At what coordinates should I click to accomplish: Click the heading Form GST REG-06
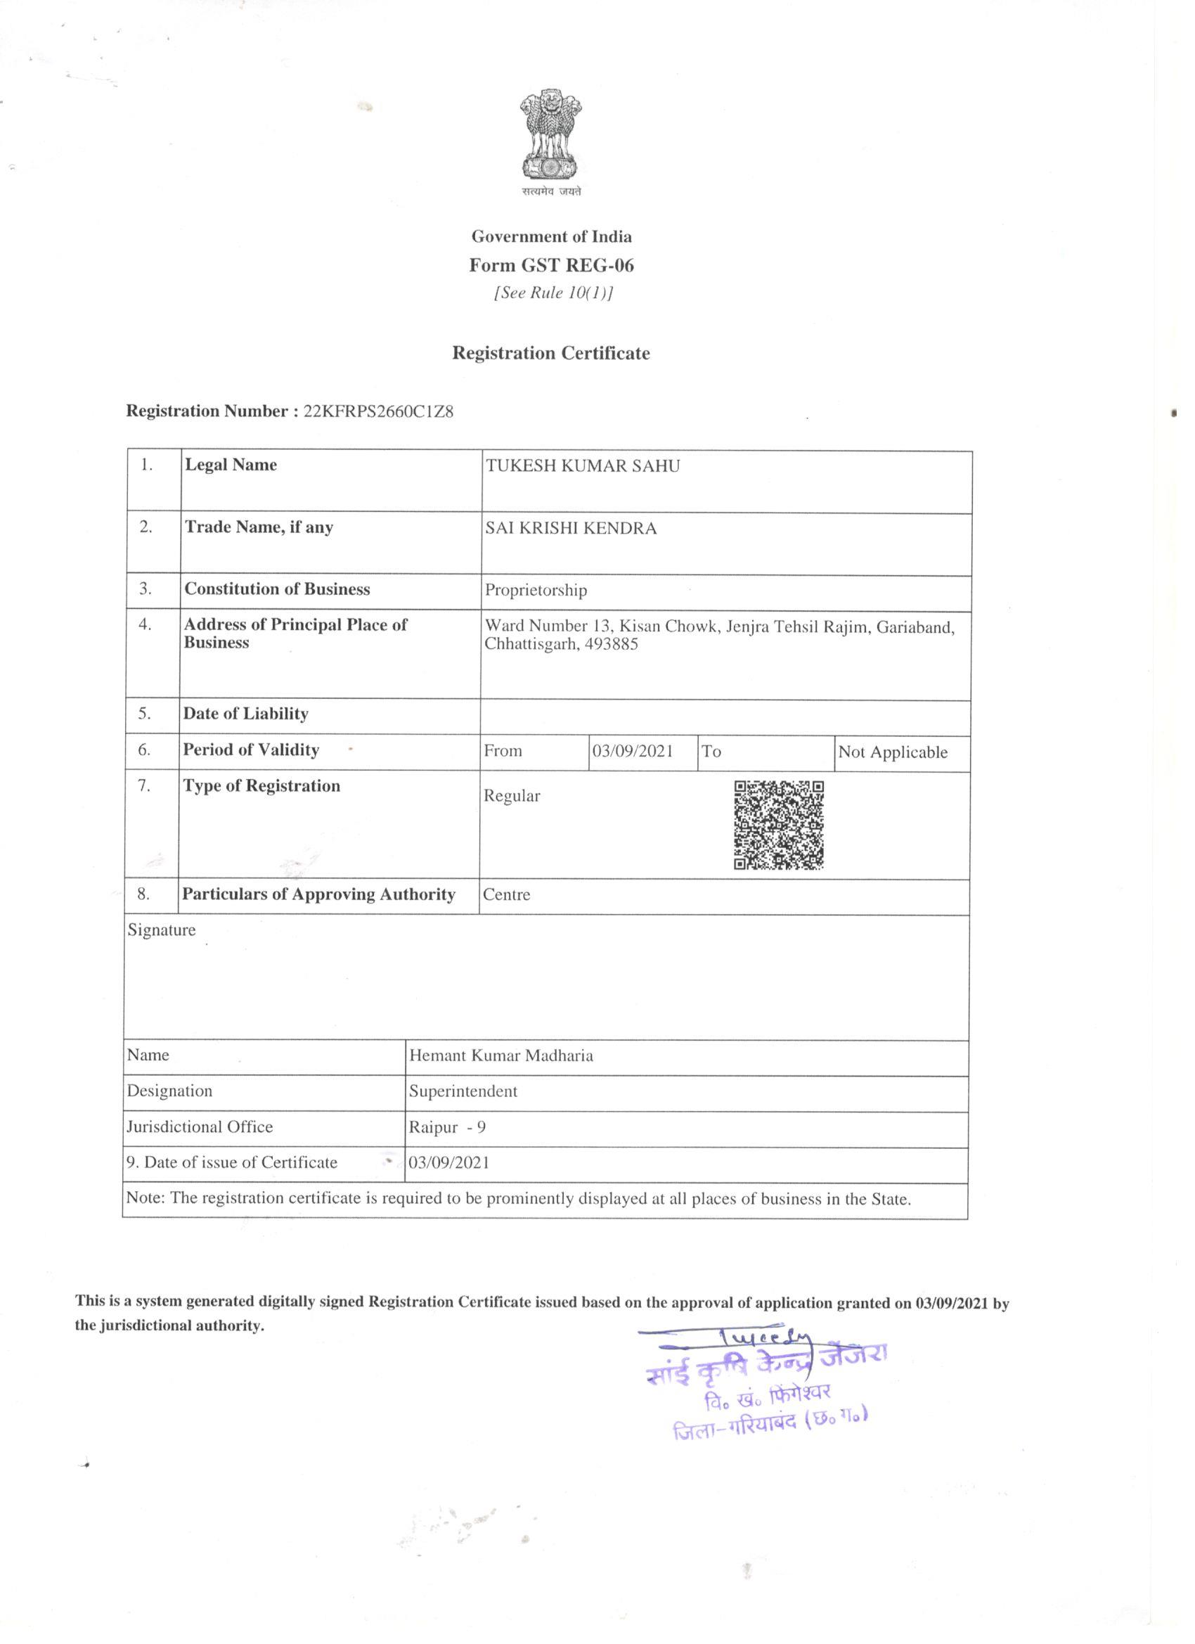(x=551, y=265)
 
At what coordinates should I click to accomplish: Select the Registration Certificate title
(x=551, y=353)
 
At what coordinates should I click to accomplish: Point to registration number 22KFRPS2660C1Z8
(x=378, y=412)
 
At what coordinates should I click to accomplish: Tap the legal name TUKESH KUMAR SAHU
(x=583, y=466)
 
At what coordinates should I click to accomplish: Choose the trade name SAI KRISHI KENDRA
(x=571, y=529)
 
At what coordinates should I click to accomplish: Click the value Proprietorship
(x=536, y=590)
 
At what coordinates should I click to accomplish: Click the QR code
(x=779, y=825)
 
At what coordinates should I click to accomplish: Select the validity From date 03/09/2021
(x=633, y=751)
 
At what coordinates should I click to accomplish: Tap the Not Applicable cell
(x=893, y=752)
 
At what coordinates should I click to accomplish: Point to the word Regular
(x=512, y=796)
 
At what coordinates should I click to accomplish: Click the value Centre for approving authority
(x=507, y=895)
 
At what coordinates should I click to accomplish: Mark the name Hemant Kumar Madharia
(x=500, y=1055)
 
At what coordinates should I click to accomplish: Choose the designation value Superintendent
(x=463, y=1091)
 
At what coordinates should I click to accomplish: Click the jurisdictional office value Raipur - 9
(x=447, y=1128)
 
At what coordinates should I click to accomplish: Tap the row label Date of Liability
(x=245, y=714)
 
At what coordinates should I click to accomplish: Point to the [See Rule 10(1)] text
(x=553, y=294)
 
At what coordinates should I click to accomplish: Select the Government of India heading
(x=552, y=236)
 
